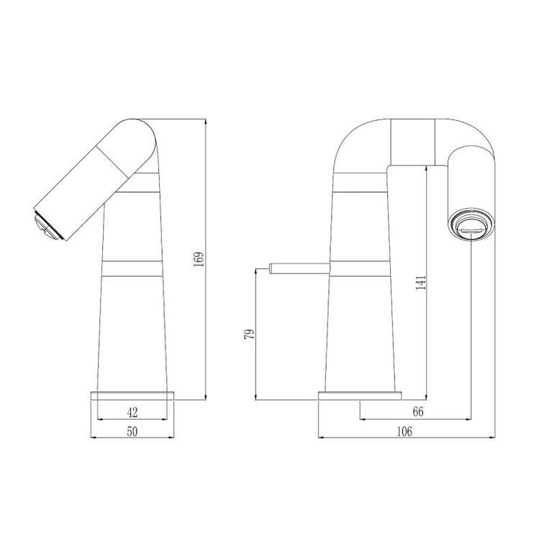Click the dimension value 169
point(199,260)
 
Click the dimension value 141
point(422,282)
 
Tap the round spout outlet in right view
point(471,224)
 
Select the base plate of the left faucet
point(132,395)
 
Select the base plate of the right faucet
point(360,395)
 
